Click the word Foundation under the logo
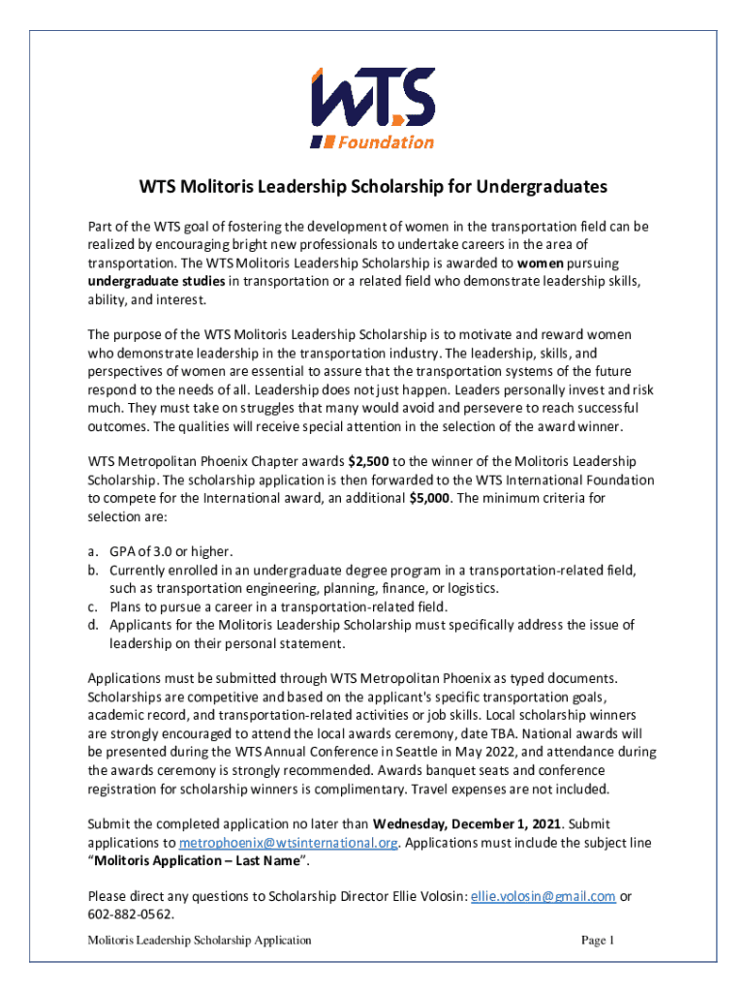pos(385,142)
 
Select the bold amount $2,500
pos(369,462)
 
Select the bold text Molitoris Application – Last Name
pos(199,860)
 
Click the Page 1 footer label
pos(599,941)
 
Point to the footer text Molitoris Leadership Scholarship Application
pos(200,941)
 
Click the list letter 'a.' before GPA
pos(93,552)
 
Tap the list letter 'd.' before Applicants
pos(93,625)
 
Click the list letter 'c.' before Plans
pos(93,606)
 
